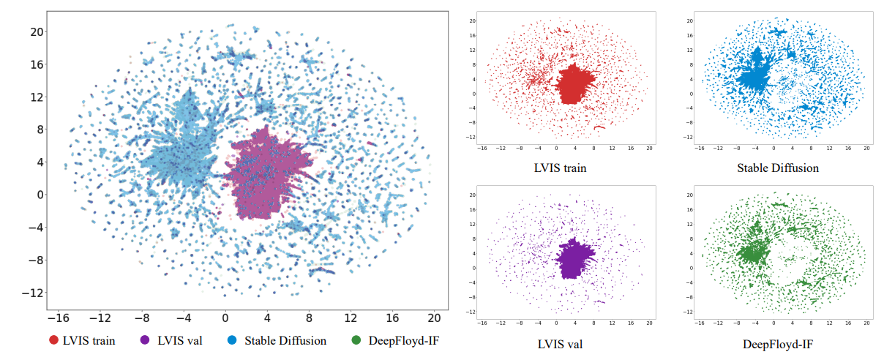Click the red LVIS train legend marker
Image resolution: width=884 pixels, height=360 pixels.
click(54, 340)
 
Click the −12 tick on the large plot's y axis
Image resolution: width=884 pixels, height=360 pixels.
click(34, 293)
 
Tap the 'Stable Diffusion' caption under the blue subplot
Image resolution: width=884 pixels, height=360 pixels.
click(778, 168)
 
